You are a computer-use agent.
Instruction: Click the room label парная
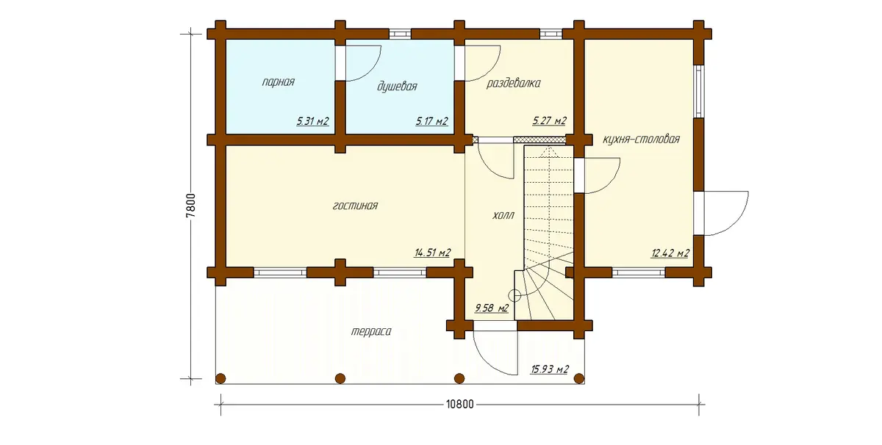click(279, 82)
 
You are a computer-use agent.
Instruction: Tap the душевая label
click(397, 86)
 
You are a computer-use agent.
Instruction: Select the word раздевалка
click(514, 84)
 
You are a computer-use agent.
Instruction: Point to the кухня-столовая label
click(642, 140)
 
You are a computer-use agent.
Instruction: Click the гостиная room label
click(355, 206)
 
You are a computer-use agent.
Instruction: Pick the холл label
click(503, 216)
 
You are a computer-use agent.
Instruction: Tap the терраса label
click(371, 332)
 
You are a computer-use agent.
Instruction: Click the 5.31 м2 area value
click(312, 120)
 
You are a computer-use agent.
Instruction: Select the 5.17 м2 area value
click(432, 120)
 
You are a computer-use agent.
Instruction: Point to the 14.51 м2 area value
click(432, 252)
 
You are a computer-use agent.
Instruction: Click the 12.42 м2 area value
click(670, 253)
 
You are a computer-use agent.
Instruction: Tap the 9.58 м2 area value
click(492, 308)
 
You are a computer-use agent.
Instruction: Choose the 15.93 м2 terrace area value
click(550, 369)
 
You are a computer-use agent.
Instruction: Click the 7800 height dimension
click(191, 206)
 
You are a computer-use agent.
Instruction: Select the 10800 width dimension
click(460, 405)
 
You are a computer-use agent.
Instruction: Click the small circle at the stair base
click(514, 295)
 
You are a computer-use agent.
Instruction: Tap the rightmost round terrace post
click(579, 378)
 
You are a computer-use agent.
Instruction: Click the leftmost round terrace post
click(221, 378)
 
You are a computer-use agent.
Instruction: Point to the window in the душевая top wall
click(400, 34)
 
